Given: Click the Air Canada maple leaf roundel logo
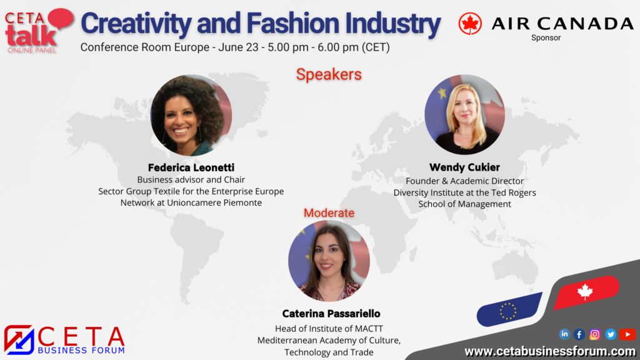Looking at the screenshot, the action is tap(470, 23).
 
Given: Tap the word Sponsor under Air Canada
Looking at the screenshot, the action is tap(546, 37).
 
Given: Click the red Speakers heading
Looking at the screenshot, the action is tap(329, 74).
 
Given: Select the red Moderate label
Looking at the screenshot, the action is tap(329, 212).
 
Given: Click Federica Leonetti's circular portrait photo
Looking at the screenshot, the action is tap(191, 115).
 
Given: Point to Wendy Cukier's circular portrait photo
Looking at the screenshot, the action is tap(464, 114).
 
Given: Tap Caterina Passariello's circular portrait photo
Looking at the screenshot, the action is tap(329, 261).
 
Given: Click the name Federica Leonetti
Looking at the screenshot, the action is tap(191, 167).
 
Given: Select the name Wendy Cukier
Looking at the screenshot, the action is tap(464, 167).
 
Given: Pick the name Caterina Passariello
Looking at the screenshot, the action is tap(331, 314).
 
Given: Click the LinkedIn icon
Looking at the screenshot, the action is tap(564, 334).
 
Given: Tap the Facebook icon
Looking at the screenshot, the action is tap(579, 335).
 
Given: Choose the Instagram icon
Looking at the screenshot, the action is tap(595, 335).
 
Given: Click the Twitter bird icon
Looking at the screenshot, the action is tap(611, 335).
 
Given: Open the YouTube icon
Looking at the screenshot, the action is tap(627, 334).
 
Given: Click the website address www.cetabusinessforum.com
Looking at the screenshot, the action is tap(550, 351).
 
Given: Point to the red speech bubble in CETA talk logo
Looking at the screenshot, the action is tap(61, 18).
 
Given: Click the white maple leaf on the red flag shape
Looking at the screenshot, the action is tap(585, 291).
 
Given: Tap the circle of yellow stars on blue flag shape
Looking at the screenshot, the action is tap(508, 311).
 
